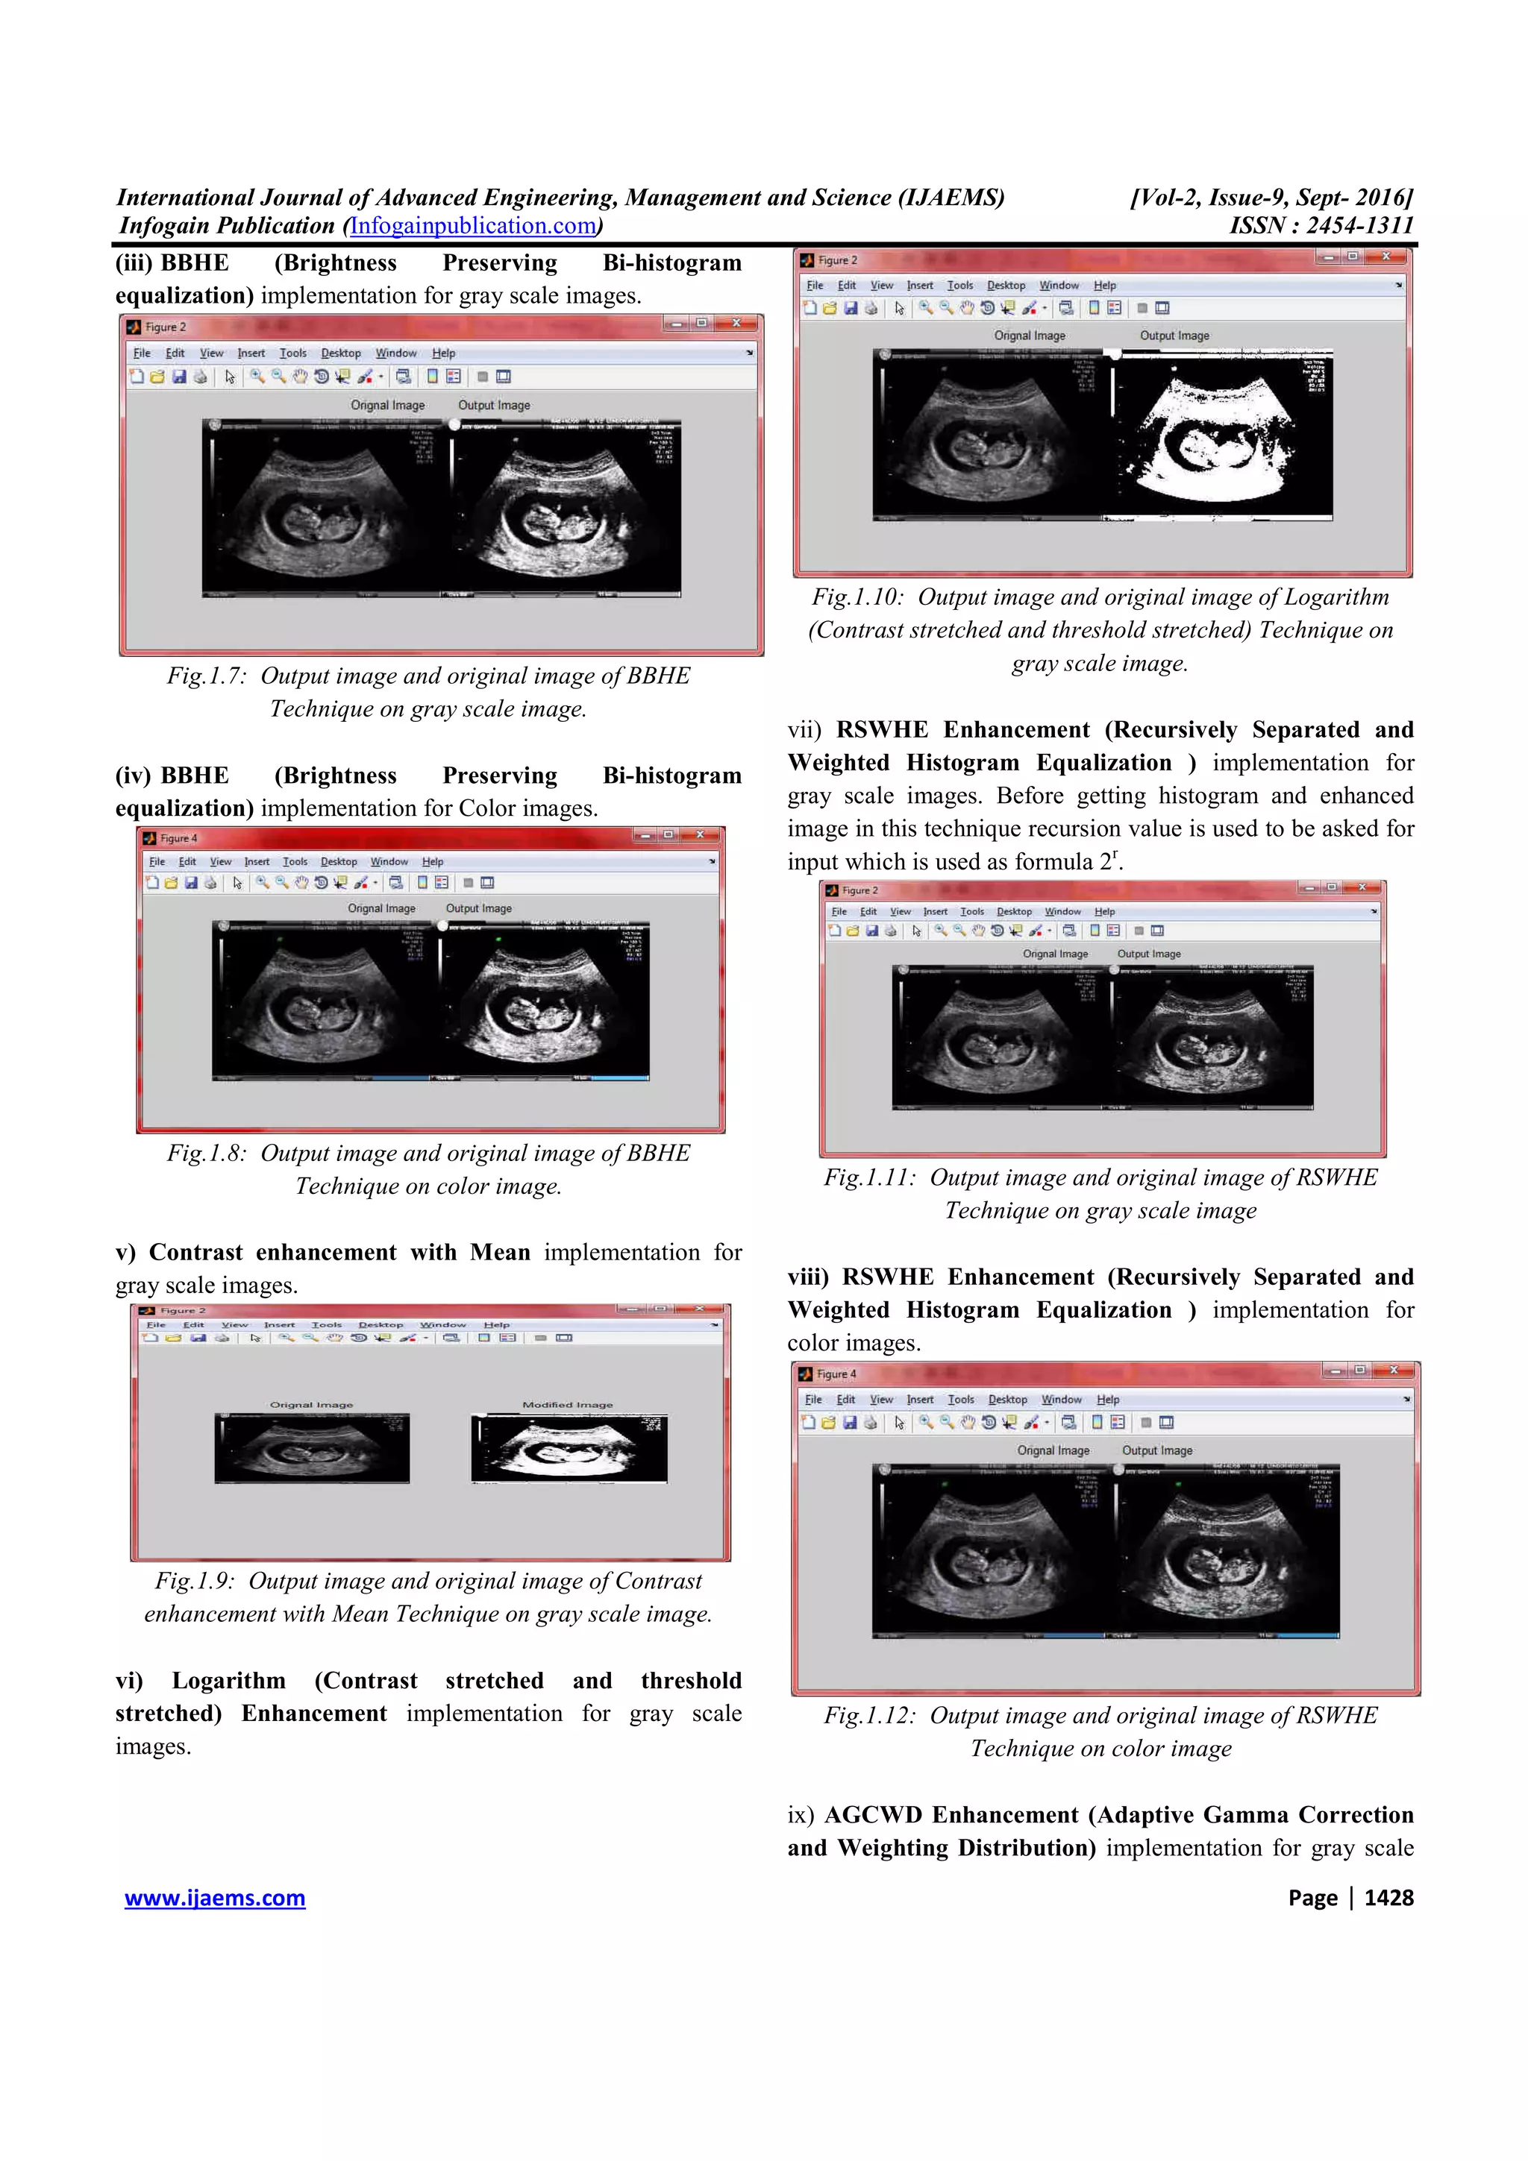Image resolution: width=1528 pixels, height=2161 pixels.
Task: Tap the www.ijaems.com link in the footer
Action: pyautogui.click(x=215, y=1898)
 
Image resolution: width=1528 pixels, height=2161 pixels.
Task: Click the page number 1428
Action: pyautogui.click(x=1388, y=1898)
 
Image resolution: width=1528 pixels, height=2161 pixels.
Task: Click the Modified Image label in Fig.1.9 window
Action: pyautogui.click(x=567, y=1404)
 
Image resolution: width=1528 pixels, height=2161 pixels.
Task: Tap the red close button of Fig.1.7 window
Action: pyautogui.click(x=736, y=324)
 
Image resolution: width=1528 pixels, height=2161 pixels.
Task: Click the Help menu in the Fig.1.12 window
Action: pyautogui.click(x=1108, y=1400)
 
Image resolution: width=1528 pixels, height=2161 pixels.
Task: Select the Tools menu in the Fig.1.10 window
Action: pyautogui.click(x=959, y=285)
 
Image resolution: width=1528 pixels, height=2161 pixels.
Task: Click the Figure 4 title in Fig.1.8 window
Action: pyautogui.click(x=178, y=837)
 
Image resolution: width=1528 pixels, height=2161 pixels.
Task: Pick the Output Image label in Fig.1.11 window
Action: pyautogui.click(x=1148, y=954)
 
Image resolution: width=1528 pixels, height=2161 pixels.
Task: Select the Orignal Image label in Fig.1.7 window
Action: pyautogui.click(x=388, y=405)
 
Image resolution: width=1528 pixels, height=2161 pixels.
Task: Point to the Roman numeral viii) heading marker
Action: pyautogui.click(x=808, y=1277)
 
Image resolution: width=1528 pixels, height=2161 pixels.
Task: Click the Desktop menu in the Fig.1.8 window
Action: pyautogui.click(x=338, y=861)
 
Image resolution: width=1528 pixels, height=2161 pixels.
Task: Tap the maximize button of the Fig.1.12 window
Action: pyautogui.click(x=1359, y=1371)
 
